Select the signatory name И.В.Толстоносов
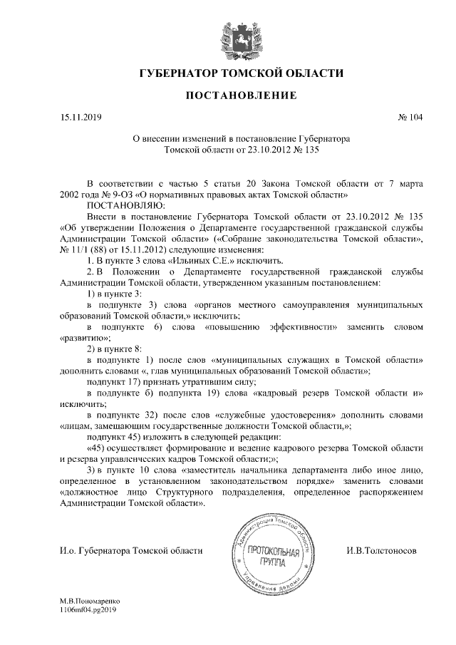pos(381,551)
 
